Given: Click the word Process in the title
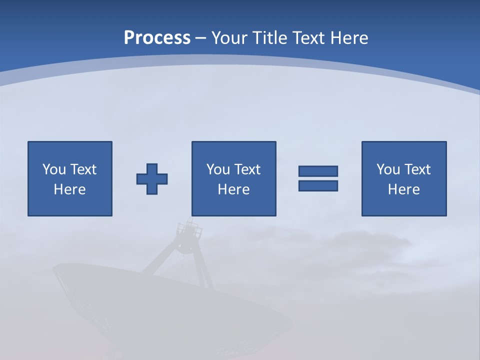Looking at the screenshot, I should pyautogui.click(x=157, y=38).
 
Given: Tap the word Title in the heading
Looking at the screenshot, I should pyautogui.click(x=270, y=38).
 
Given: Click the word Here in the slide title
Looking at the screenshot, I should pyautogui.click(x=349, y=38).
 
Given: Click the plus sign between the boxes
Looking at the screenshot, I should pyautogui.click(x=152, y=179).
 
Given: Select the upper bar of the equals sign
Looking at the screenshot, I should pyautogui.click(x=318, y=171).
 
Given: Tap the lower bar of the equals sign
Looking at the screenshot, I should pyautogui.click(x=318, y=186).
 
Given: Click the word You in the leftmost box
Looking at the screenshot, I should pyautogui.click(x=54, y=169).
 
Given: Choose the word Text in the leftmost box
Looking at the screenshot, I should pyautogui.click(x=82, y=169).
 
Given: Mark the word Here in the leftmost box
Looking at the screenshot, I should pyautogui.click(x=70, y=189).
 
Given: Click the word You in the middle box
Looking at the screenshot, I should pyautogui.click(x=218, y=169).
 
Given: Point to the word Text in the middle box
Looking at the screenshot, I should pyautogui.click(x=246, y=169).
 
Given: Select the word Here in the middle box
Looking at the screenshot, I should pyautogui.click(x=234, y=189).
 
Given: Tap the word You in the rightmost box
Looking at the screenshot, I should pyautogui.click(x=388, y=169).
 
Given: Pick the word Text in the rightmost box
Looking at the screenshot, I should pyautogui.click(x=416, y=169).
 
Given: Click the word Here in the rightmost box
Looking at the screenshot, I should pyautogui.click(x=404, y=189).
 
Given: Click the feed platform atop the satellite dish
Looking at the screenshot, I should pyautogui.click(x=189, y=230).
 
